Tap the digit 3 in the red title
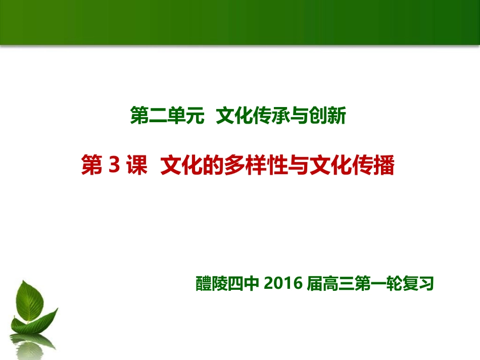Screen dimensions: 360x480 114,166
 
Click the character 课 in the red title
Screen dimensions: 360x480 136,166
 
